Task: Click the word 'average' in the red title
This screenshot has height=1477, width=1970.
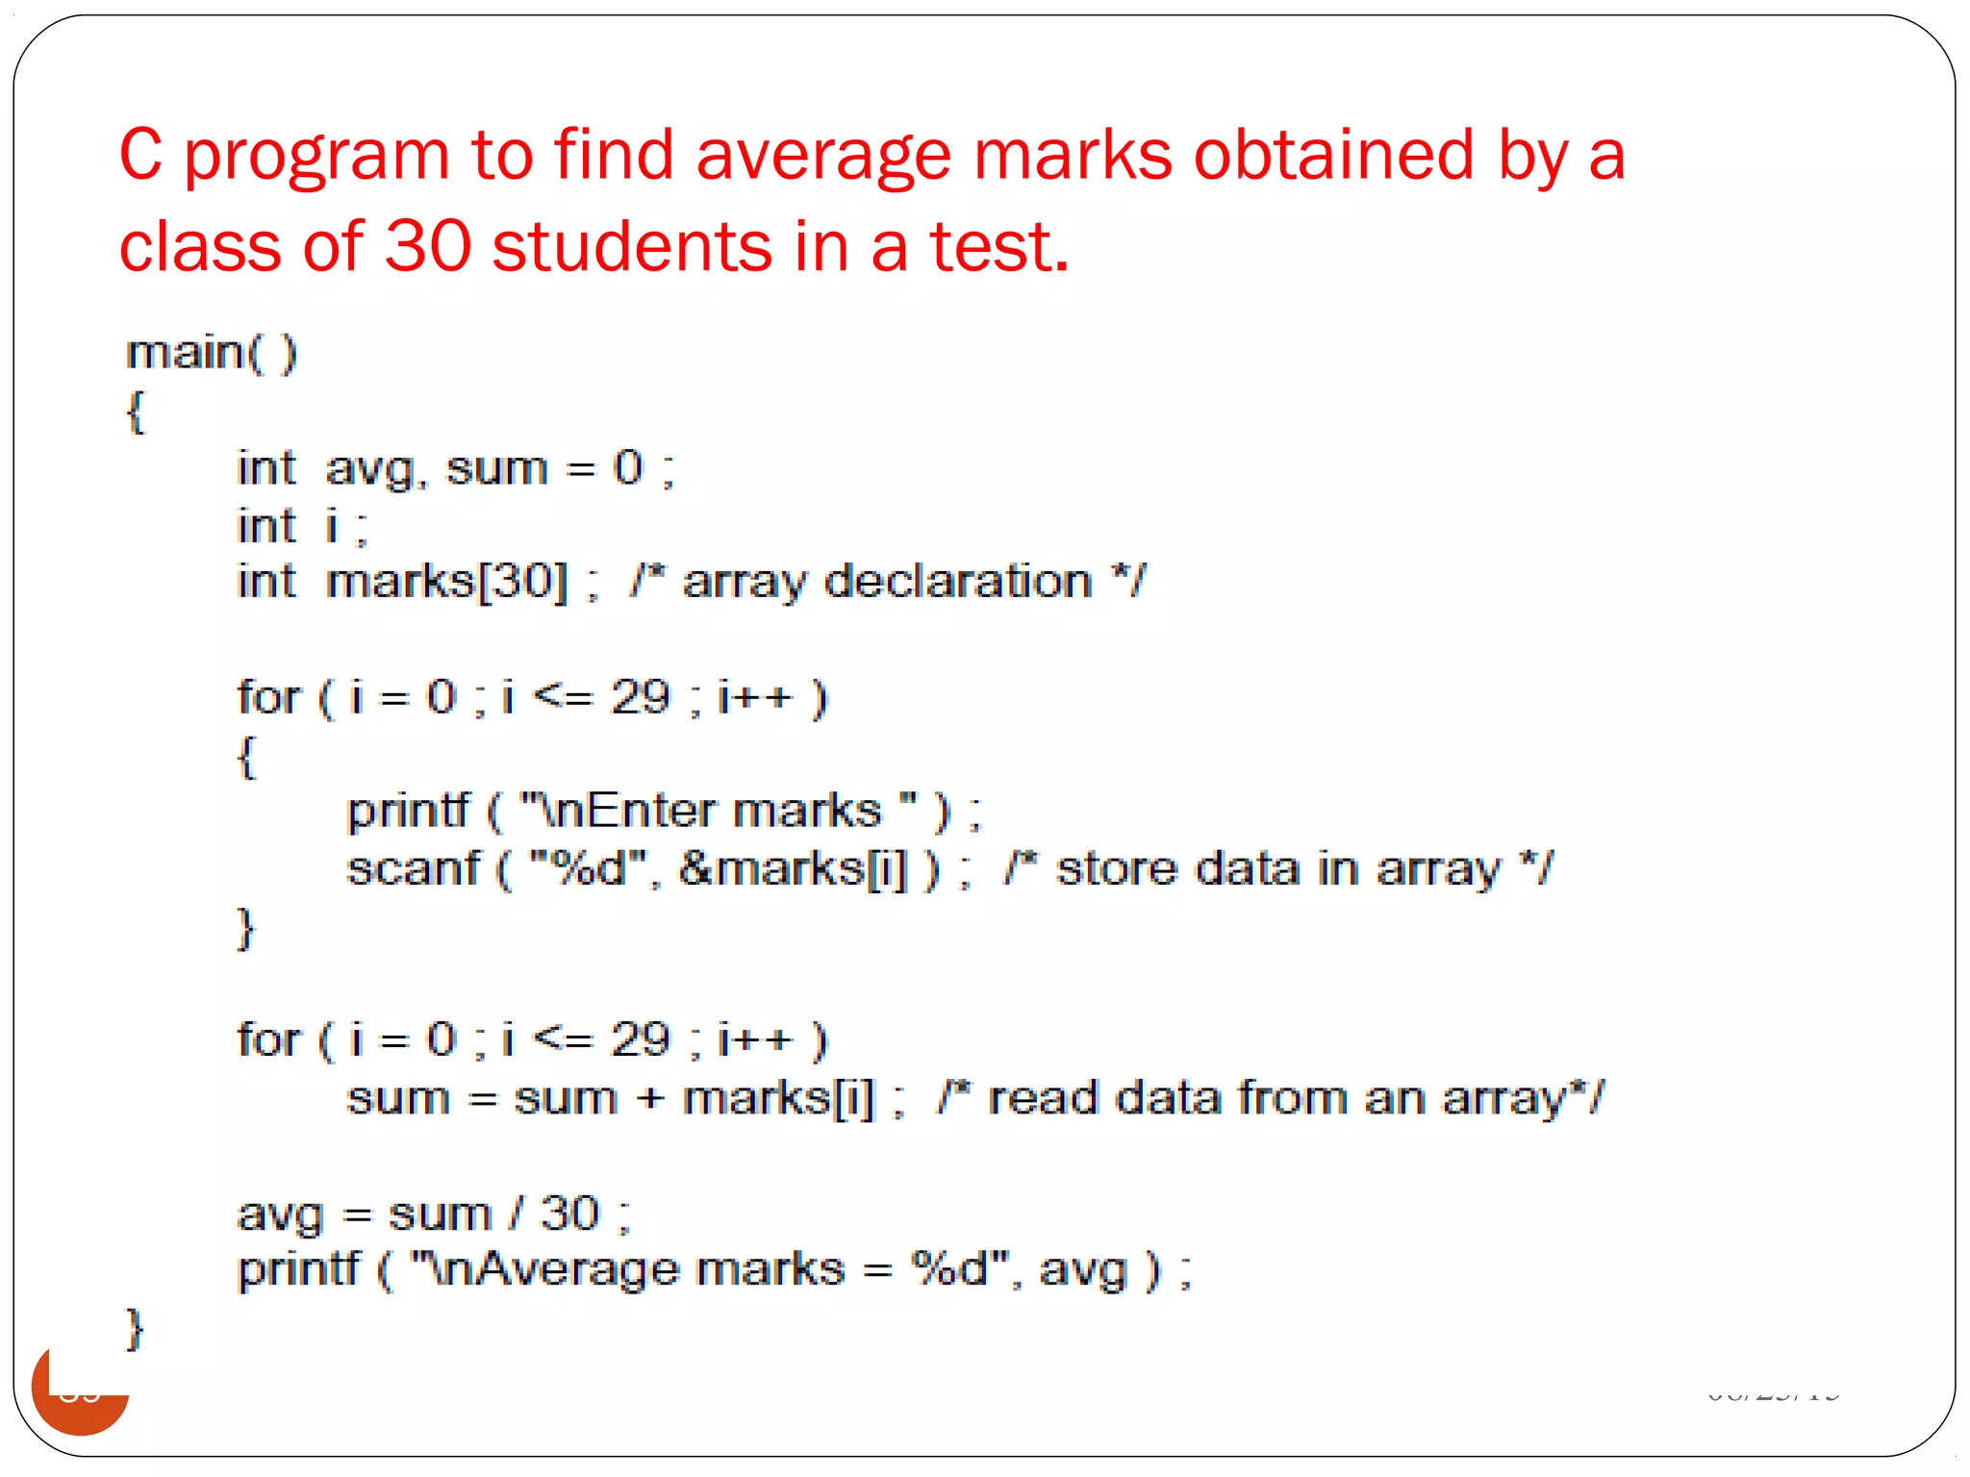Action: click(822, 157)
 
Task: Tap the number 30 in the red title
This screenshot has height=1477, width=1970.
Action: click(428, 247)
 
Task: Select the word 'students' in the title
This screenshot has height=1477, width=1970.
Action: click(632, 247)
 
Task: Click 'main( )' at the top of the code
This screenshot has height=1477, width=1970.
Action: click(212, 354)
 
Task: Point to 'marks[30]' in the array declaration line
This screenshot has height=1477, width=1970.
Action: click(446, 582)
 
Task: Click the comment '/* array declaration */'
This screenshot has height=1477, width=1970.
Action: click(887, 582)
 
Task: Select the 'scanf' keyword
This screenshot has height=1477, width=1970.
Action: click(413, 869)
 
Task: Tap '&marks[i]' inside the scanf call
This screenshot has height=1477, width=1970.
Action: click(793, 869)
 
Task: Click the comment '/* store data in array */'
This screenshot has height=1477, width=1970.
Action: click(1277, 869)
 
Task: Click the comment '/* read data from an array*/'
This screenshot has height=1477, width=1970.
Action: click(1270, 1098)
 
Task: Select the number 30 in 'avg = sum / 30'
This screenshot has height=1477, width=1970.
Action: click(569, 1214)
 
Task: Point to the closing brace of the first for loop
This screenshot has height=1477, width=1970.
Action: click(246, 929)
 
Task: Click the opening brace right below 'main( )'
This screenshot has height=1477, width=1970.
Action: click(136, 412)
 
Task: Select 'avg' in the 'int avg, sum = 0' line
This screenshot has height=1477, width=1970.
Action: click(370, 469)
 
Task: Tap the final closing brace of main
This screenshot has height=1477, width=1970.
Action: click(136, 1330)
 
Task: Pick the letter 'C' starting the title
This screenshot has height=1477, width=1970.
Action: click(140, 157)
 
